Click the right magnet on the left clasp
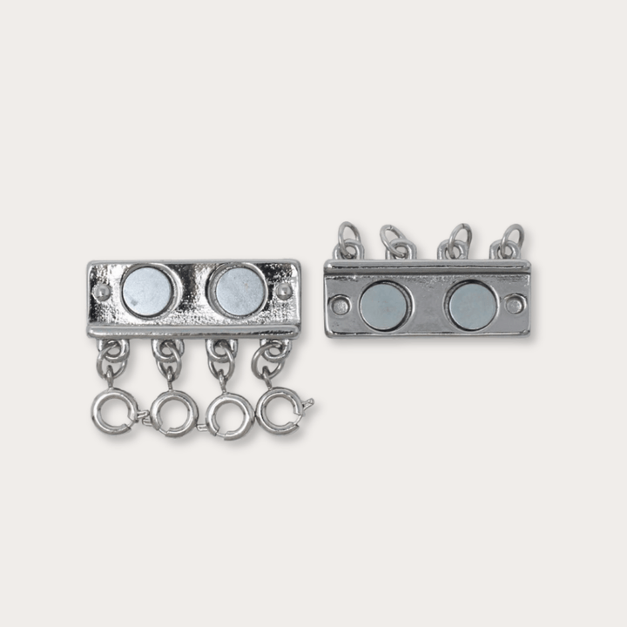pos(239,290)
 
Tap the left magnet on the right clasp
pos(384,306)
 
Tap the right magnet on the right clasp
pos(472,305)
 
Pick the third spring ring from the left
pos(229,414)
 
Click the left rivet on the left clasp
pos(102,291)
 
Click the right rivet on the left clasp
pos(284,290)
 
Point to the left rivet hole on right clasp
pos(340,305)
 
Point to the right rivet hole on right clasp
pos(515,304)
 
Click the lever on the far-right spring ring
pos(307,402)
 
